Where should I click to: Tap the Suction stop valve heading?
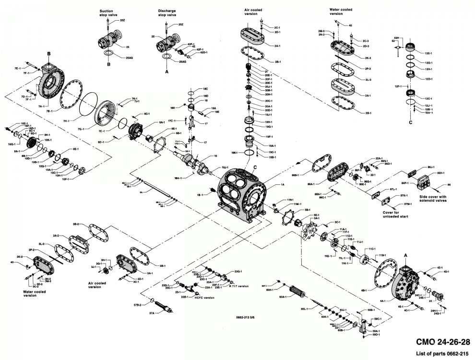click(108, 12)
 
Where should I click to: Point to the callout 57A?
click(152, 313)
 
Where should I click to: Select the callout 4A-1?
click(382, 300)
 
